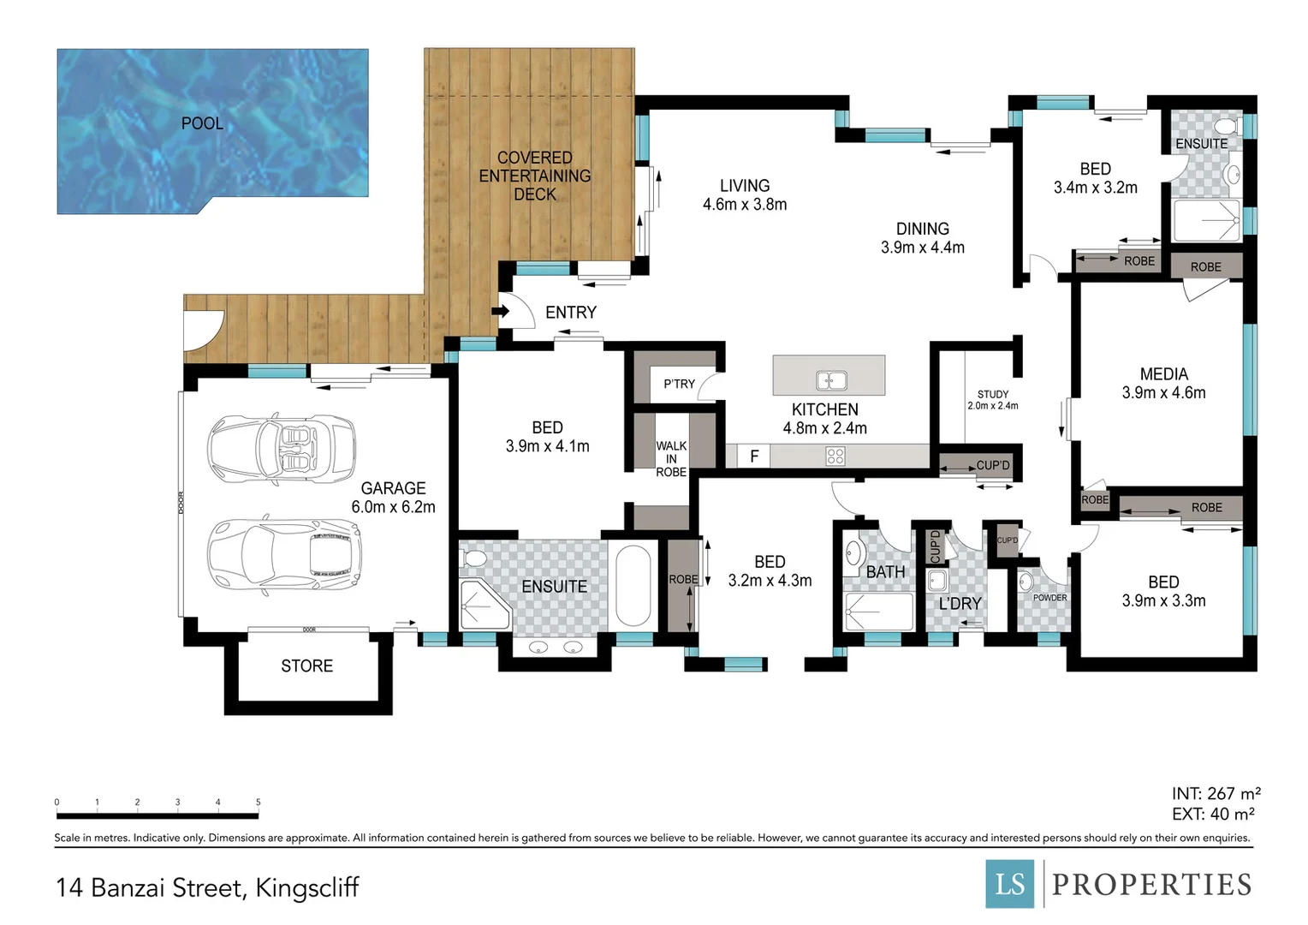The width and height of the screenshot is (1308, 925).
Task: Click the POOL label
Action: pyautogui.click(x=202, y=123)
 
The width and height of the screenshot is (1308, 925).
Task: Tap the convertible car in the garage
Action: pyautogui.click(x=281, y=448)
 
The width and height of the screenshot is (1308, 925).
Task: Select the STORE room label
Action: pyautogui.click(x=306, y=665)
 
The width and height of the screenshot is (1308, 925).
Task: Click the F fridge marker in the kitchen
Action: pyautogui.click(x=754, y=457)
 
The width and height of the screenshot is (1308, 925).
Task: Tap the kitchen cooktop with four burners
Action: pyautogui.click(x=835, y=457)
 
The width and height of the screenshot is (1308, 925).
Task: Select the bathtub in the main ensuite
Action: pyautogui.click(x=633, y=586)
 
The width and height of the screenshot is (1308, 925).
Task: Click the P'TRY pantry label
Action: pyautogui.click(x=679, y=384)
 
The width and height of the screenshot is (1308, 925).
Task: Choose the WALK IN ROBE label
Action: pyautogui.click(x=671, y=458)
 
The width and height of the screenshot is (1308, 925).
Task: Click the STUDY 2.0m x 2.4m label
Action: pyautogui.click(x=993, y=400)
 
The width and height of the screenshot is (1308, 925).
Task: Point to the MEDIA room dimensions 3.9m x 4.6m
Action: pyautogui.click(x=1163, y=393)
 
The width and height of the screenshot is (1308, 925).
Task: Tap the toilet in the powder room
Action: pyautogui.click(x=1026, y=583)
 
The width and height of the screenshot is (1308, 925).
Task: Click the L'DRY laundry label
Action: pyautogui.click(x=960, y=604)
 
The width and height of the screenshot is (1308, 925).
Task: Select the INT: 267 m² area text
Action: pyautogui.click(x=1216, y=794)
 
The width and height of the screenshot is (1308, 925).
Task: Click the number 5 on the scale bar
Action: pyautogui.click(x=258, y=803)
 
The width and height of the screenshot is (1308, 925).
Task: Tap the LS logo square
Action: pyautogui.click(x=1011, y=883)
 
